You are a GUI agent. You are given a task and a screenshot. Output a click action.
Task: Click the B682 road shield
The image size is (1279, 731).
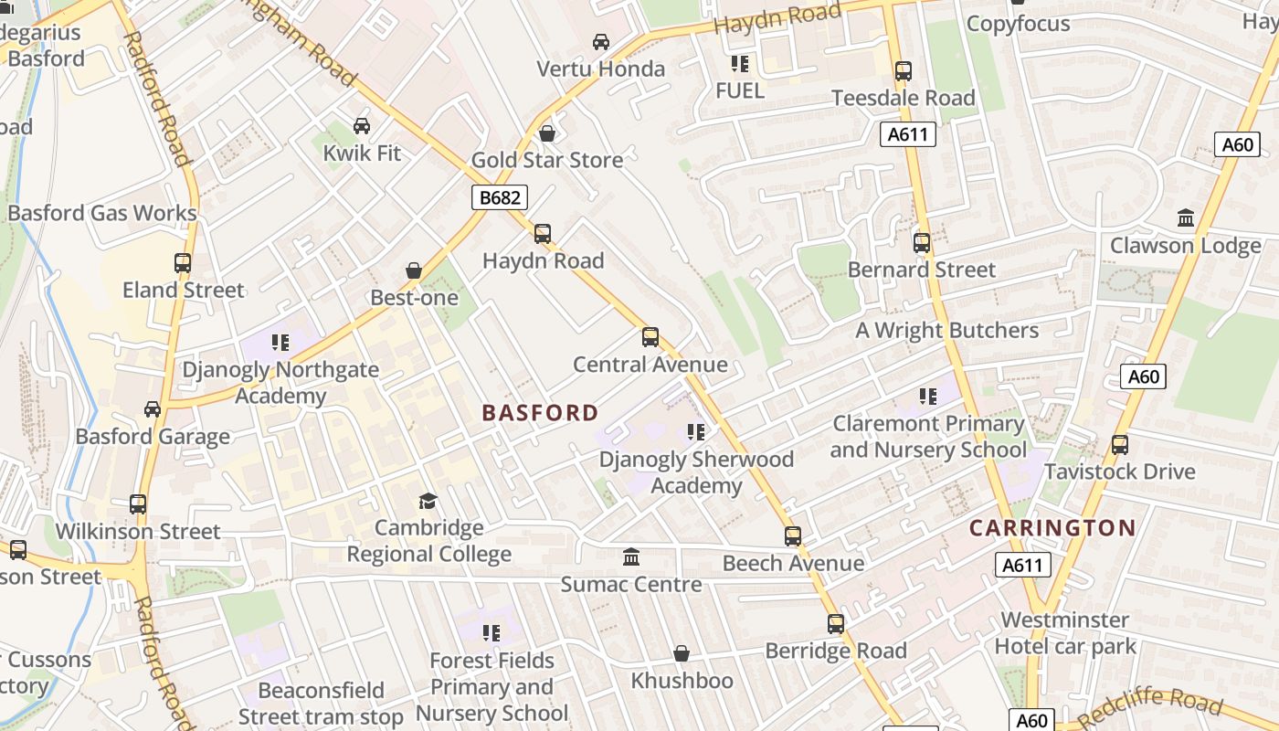[x=500, y=197]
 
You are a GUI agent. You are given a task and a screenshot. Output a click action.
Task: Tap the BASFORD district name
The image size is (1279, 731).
[x=540, y=413]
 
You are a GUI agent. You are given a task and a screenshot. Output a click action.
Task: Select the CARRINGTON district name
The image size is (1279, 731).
[x=1052, y=528]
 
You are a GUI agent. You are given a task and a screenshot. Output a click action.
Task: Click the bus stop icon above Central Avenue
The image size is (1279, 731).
[x=650, y=337]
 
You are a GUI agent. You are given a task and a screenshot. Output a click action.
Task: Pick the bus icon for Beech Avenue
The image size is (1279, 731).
[x=793, y=536]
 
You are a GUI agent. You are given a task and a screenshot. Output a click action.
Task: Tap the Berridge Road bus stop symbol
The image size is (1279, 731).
[x=836, y=624]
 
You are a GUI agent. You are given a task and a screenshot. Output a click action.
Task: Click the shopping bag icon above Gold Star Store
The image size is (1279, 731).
[x=547, y=133]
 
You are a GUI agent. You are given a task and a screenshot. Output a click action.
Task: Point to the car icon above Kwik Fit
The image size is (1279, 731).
[x=362, y=126]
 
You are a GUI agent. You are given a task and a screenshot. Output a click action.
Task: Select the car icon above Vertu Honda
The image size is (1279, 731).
[x=601, y=42]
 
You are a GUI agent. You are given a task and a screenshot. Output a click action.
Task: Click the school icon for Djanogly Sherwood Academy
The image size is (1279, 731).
[x=696, y=431]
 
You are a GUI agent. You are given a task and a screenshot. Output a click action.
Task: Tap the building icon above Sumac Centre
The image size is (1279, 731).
[x=631, y=557]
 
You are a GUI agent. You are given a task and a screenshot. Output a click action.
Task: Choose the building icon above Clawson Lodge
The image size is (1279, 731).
[x=1186, y=218]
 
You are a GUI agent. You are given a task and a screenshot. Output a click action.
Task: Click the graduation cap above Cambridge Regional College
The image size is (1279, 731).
[x=428, y=501]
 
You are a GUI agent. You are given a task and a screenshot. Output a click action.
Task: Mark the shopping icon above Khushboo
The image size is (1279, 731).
[x=682, y=653]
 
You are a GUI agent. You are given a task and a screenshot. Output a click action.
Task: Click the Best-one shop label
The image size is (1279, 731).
[x=413, y=298]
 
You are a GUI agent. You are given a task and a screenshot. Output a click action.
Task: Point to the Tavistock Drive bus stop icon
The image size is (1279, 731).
[x=1120, y=445]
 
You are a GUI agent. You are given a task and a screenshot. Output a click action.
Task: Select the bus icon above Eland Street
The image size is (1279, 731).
[x=183, y=263]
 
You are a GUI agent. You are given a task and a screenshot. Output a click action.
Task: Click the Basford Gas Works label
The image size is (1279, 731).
[x=101, y=214]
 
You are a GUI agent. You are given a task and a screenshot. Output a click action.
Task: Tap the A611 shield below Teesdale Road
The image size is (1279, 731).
[x=909, y=135]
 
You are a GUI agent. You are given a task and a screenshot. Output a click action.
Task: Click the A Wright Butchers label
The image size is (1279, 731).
[x=946, y=331]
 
